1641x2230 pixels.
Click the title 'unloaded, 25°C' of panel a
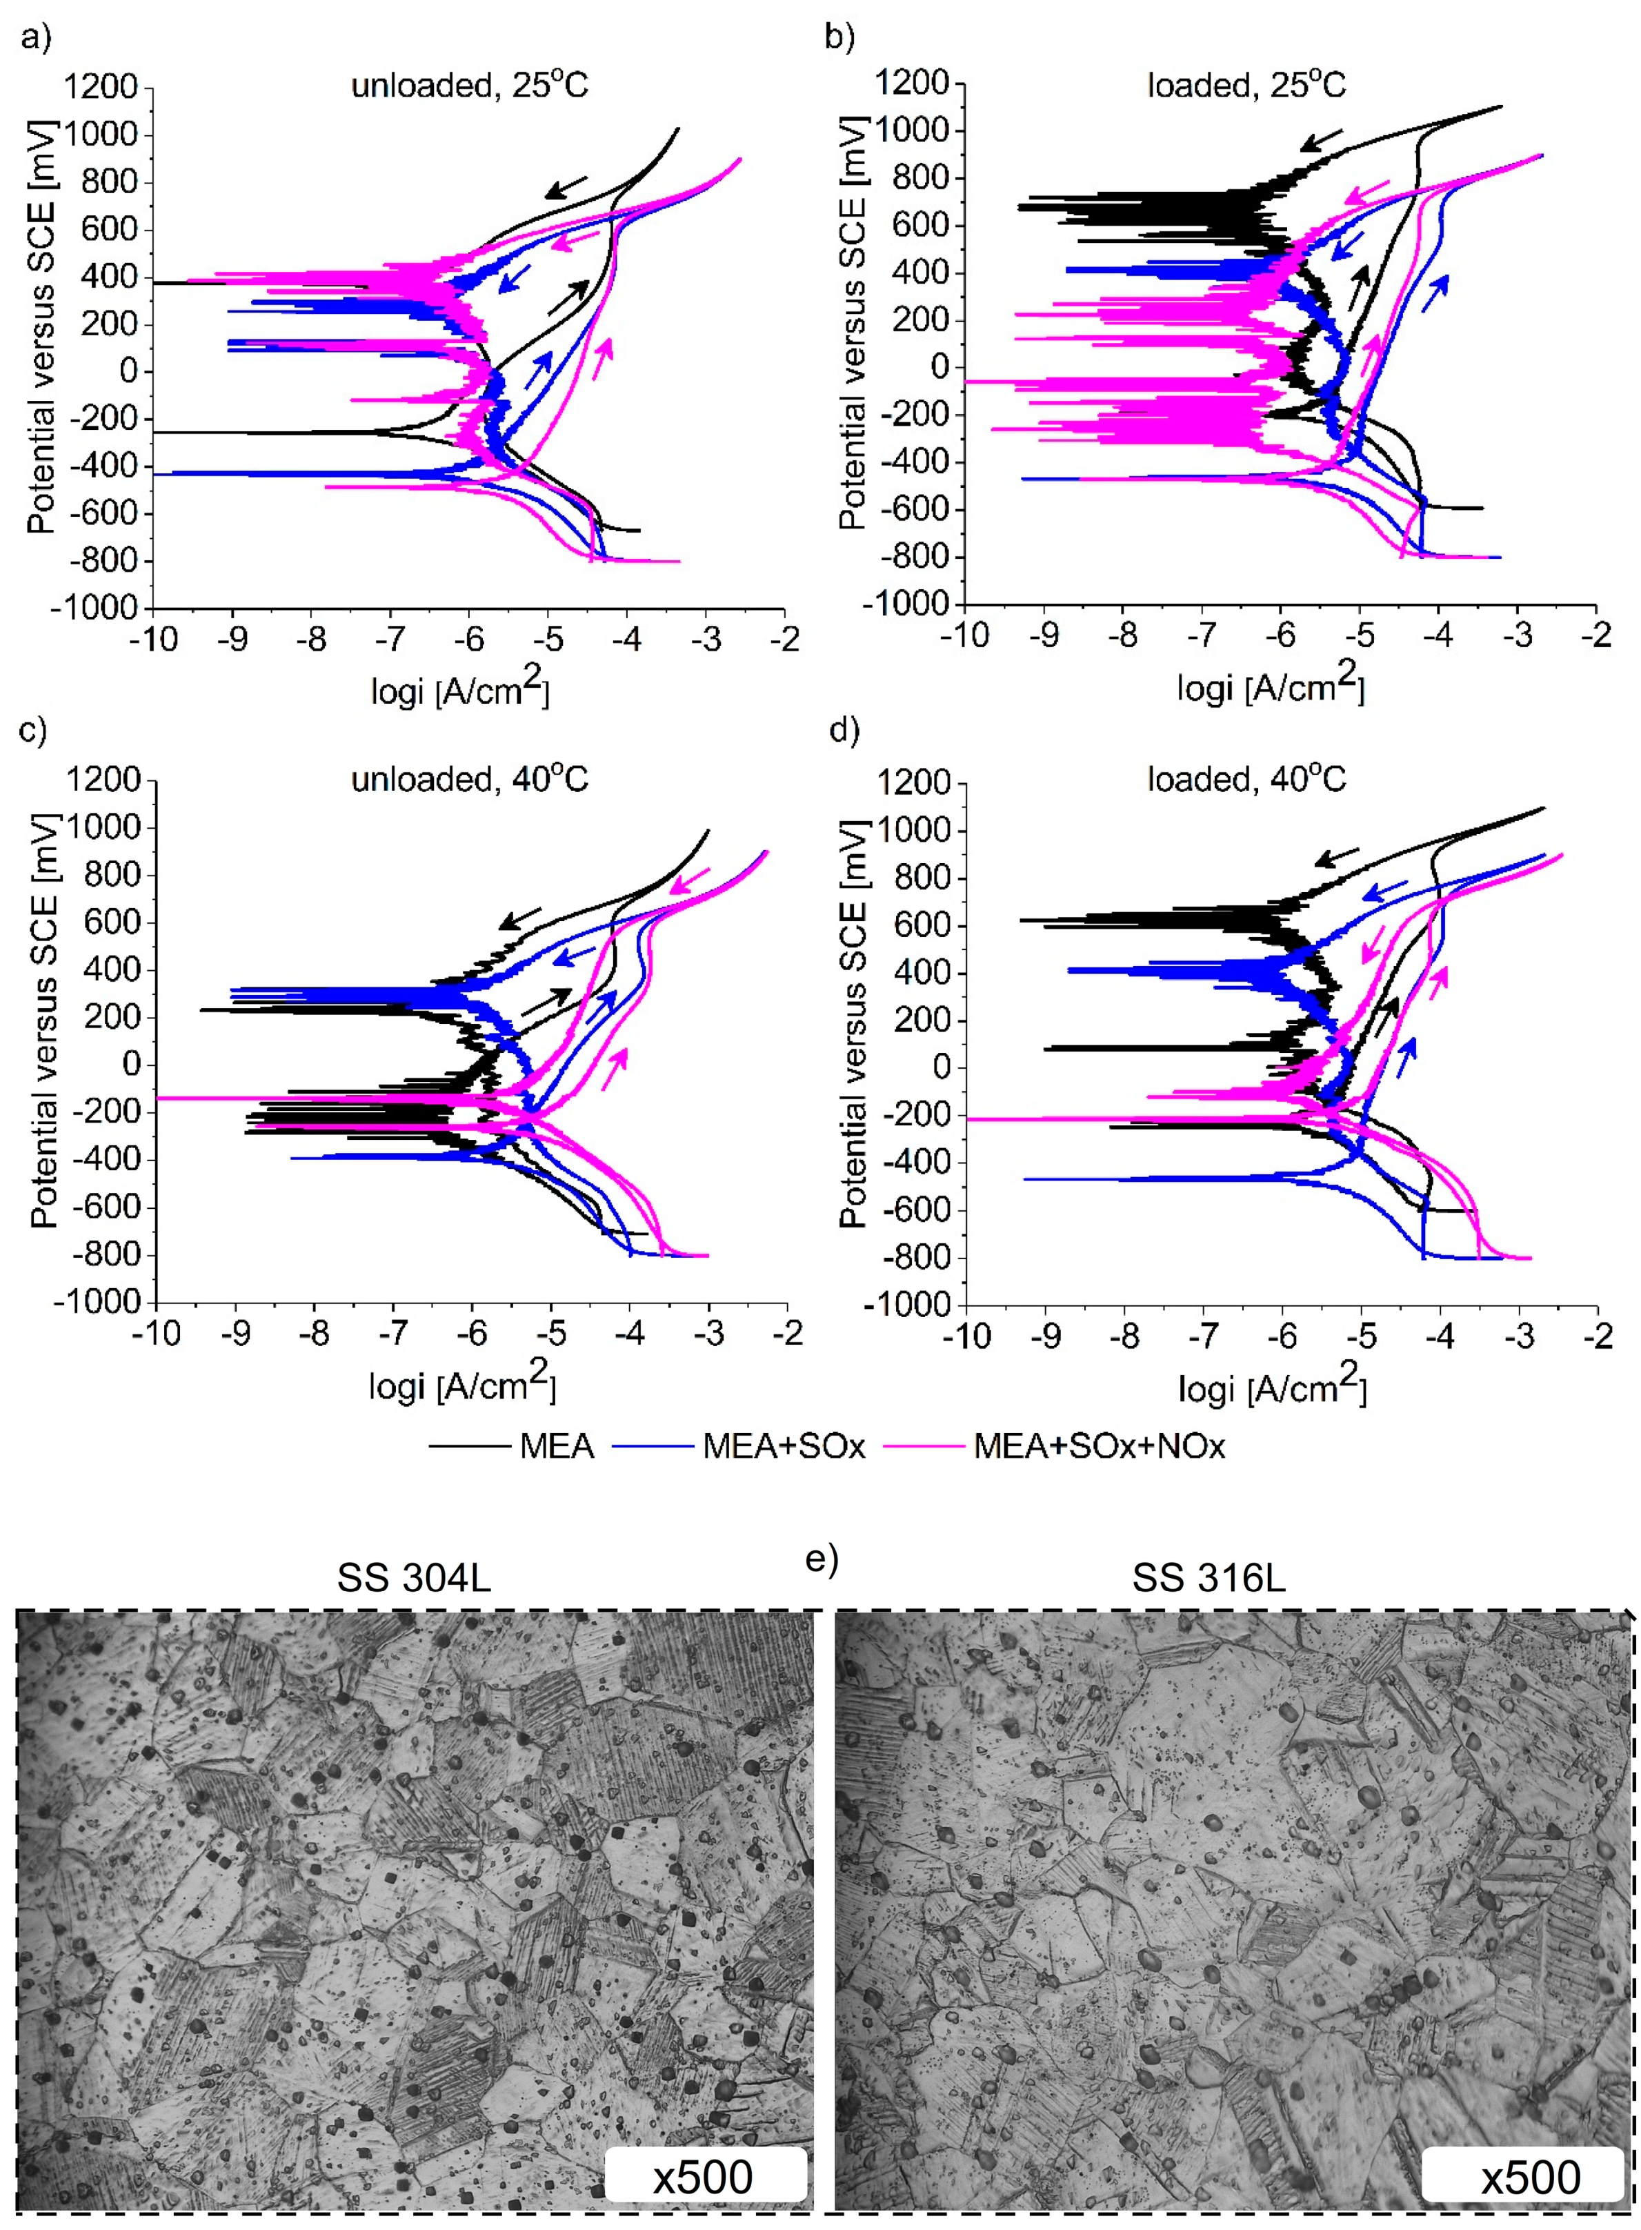(469, 86)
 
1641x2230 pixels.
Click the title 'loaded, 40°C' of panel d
(1246, 780)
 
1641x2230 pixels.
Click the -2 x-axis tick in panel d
(1596, 1335)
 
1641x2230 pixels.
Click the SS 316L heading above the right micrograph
(1209, 1579)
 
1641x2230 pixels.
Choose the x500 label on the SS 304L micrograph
(704, 2178)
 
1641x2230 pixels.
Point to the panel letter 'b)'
(839, 38)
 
